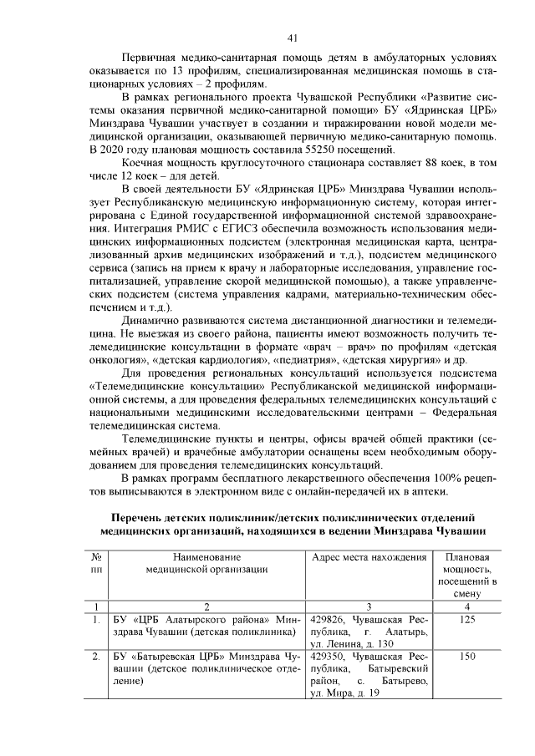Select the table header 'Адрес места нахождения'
tap(368, 557)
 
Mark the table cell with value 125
tap(467, 619)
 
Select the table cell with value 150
tap(467, 657)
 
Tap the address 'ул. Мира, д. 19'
tap(344, 695)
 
